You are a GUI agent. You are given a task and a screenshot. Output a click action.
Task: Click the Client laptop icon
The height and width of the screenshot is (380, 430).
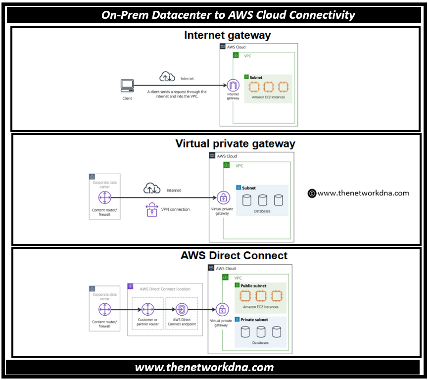(127, 87)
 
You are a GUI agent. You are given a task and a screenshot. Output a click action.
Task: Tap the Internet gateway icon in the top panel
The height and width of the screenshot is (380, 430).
(233, 85)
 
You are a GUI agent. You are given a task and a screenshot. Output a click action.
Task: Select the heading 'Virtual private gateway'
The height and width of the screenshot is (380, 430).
(235, 144)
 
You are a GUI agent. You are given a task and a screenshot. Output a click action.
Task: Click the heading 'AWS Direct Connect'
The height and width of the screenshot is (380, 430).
(234, 256)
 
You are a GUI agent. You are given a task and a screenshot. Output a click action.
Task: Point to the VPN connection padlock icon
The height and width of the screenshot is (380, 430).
(151, 209)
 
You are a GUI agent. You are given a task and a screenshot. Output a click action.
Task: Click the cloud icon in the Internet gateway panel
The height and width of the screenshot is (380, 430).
(167, 77)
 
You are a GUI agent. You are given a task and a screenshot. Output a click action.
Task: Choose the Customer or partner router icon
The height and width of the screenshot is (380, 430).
(147, 310)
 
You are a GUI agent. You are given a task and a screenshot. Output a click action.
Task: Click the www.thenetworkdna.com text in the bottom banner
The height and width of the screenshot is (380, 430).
(204, 367)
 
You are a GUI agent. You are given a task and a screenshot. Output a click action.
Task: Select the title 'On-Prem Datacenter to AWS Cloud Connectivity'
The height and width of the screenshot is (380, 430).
(228, 15)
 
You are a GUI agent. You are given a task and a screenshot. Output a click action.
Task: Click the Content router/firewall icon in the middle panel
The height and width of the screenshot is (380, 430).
(104, 198)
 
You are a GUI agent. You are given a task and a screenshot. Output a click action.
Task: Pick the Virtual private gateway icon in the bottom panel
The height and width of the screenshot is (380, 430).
(221, 310)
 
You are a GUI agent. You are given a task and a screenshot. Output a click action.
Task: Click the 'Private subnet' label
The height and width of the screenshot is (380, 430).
(254, 320)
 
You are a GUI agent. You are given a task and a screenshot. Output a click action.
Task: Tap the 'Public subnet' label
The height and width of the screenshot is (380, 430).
(253, 285)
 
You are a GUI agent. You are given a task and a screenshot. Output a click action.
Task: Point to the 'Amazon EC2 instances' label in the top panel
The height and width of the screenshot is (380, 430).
(268, 97)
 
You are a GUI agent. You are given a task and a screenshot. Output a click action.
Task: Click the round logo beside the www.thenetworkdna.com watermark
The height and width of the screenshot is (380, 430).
(312, 193)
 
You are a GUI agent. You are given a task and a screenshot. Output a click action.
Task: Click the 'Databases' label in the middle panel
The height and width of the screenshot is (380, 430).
(262, 211)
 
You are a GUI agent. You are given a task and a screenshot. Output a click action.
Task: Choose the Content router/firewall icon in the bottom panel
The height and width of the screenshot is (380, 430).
(104, 310)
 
